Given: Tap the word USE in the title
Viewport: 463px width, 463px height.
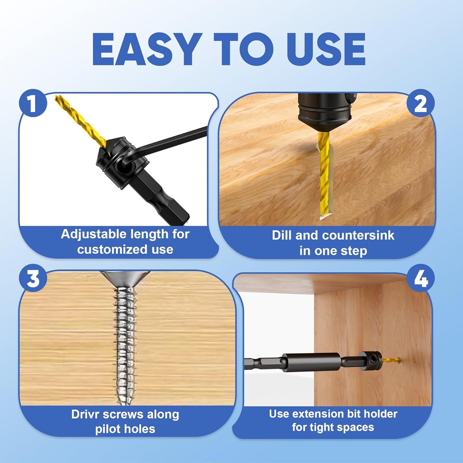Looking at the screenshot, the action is pyautogui.click(x=320, y=49).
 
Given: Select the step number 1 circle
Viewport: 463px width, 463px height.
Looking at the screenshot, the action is pyautogui.click(x=33, y=103).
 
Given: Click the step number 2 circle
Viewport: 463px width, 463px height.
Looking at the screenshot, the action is pyautogui.click(x=420, y=103).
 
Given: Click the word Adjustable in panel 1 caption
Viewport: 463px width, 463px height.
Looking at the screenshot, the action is pyautogui.click(x=93, y=235).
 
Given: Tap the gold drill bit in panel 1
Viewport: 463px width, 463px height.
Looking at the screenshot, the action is pyautogui.click(x=80, y=121).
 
